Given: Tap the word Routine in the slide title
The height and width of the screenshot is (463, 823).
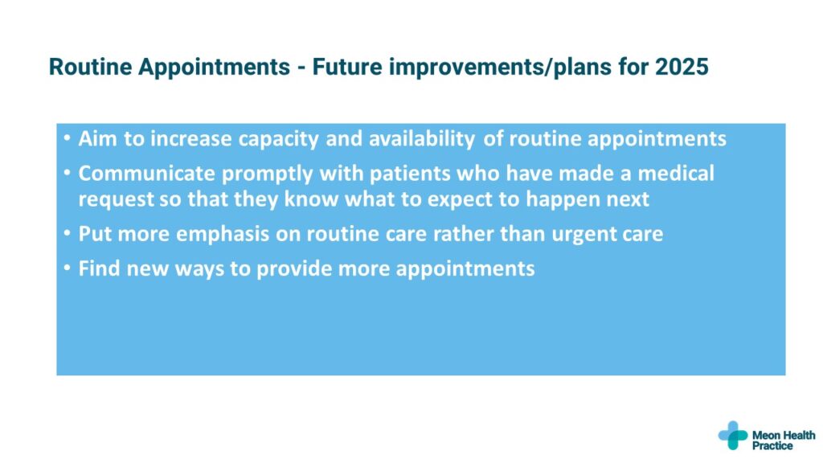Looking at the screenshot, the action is pyautogui.click(x=90, y=68).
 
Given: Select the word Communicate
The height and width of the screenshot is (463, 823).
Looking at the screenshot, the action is pyautogui.click(x=146, y=174).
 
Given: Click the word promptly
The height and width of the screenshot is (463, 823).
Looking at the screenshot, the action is pyautogui.click(x=267, y=174).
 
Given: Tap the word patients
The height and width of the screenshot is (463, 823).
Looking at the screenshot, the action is pyautogui.click(x=409, y=174).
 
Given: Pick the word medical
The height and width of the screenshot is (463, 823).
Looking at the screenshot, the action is pyautogui.click(x=676, y=174).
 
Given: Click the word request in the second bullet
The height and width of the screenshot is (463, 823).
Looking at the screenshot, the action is pyautogui.click(x=116, y=200).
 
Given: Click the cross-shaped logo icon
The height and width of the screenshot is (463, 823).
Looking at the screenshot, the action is pyautogui.click(x=733, y=435).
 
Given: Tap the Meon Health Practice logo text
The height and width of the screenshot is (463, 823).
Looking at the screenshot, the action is pyautogui.click(x=784, y=440).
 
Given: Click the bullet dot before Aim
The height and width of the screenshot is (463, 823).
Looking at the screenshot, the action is pyautogui.click(x=67, y=138).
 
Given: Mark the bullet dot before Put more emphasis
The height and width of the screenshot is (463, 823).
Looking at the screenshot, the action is pyautogui.click(x=67, y=233).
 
